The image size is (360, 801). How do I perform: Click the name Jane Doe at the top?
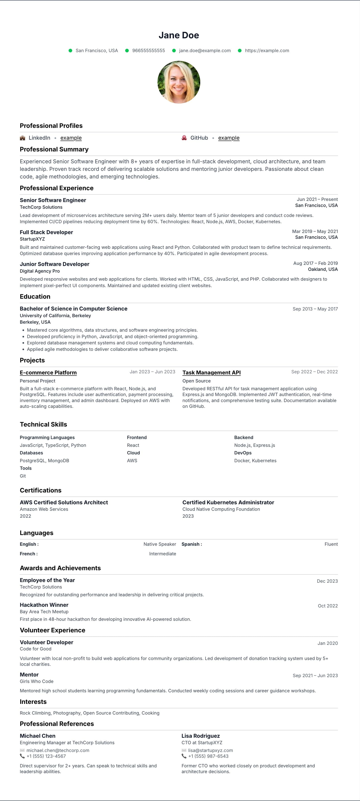pyautogui.click(x=179, y=35)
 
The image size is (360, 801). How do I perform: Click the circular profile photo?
pyautogui.click(x=179, y=82)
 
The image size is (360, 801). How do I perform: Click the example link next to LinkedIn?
pyautogui.click(x=71, y=138)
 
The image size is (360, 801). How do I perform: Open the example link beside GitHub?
pyautogui.click(x=229, y=138)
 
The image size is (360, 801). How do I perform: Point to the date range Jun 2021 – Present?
pyautogui.click(x=317, y=199)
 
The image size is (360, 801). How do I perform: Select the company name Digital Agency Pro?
pyautogui.click(x=40, y=271)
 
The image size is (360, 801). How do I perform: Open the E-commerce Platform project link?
pyautogui.click(x=48, y=372)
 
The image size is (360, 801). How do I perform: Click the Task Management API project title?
pyautogui.click(x=211, y=372)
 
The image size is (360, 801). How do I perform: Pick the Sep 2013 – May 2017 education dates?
pyautogui.click(x=315, y=309)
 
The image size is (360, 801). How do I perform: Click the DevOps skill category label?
pyautogui.click(x=243, y=453)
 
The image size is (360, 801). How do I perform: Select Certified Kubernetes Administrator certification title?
pyautogui.click(x=228, y=502)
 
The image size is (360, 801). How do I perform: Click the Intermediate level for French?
pyautogui.click(x=163, y=554)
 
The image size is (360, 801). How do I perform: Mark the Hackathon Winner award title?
pyautogui.click(x=44, y=605)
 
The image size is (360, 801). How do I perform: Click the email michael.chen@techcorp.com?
pyautogui.click(x=58, y=750)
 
